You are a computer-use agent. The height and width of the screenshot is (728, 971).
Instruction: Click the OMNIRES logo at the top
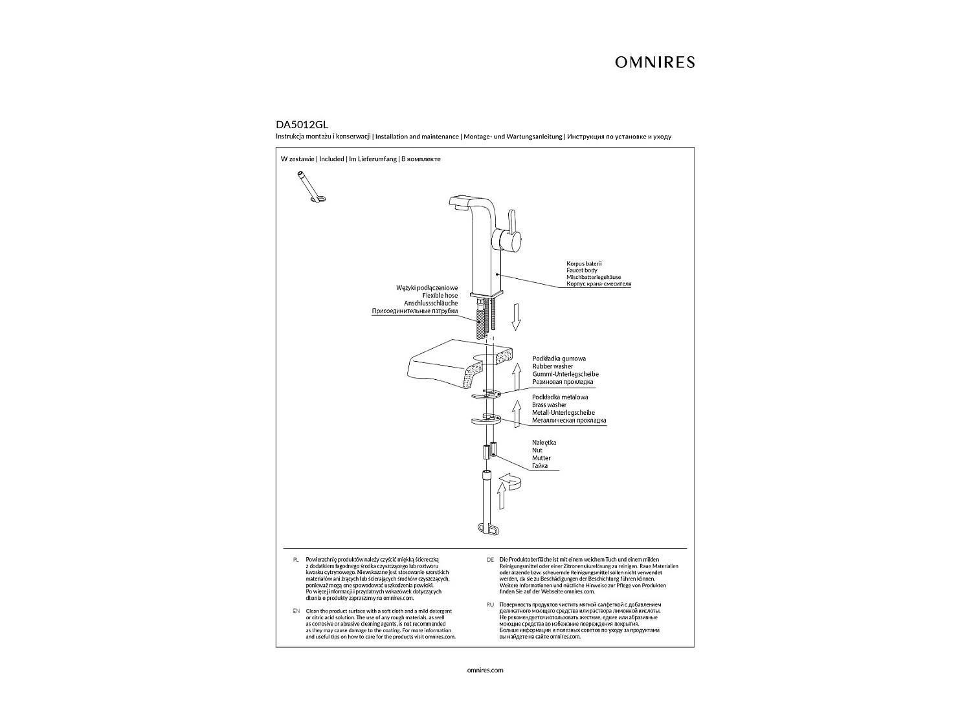pos(654,62)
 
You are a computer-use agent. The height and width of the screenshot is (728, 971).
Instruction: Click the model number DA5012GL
pos(298,126)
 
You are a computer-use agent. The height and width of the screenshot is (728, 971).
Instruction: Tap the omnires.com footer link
pos(485,670)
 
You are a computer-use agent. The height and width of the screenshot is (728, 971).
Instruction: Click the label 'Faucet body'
pos(582,270)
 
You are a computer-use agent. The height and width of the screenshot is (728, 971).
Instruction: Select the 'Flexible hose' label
pos(440,296)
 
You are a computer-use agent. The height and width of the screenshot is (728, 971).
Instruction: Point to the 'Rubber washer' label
pos(553,366)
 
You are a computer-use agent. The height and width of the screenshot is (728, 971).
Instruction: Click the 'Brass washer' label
pos(550,405)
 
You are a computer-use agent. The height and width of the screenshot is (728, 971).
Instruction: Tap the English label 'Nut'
pos(537,450)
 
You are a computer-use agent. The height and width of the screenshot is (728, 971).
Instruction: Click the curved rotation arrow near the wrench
pos(511,481)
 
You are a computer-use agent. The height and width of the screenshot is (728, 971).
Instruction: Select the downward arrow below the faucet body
pos(516,317)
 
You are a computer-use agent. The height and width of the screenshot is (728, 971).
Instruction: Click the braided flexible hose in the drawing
pos(480,322)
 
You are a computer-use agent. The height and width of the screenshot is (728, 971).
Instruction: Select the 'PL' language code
pos(296,559)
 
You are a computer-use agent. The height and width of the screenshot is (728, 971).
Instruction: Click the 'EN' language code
pos(296,611)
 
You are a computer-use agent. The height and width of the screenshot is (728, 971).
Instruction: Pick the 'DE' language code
pos(490,559)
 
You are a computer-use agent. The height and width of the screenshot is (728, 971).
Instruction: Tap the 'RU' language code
pos(490,604)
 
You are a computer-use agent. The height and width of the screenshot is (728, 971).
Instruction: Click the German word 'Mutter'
pos(541,458)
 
